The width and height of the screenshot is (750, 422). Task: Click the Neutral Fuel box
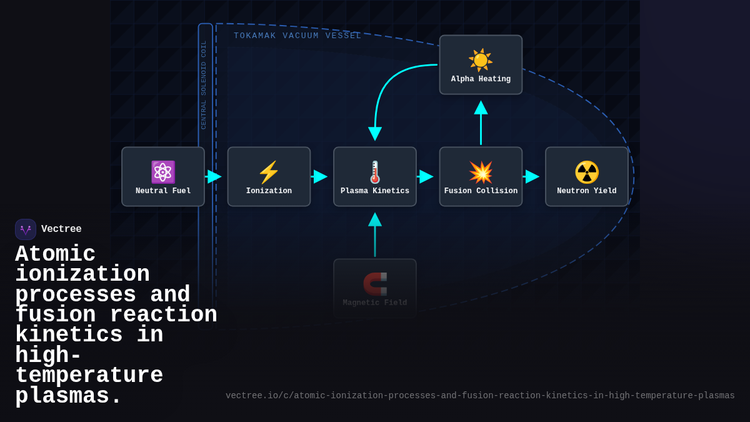163,177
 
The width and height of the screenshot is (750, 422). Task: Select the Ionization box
269,177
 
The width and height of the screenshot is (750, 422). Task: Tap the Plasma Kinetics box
375,177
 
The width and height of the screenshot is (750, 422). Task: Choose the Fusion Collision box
481,177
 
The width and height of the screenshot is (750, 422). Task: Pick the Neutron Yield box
587,177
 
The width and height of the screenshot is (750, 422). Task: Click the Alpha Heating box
481,65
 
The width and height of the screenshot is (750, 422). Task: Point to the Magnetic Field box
375,288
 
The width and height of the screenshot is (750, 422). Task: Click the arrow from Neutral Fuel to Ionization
214,176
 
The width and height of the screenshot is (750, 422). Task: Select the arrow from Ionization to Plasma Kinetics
320,176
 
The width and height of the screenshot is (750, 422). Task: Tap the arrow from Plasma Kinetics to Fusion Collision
426,176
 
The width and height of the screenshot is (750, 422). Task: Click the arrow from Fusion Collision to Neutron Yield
532,176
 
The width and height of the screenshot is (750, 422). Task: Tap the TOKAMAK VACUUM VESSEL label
297,36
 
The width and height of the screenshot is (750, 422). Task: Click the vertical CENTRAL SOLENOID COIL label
204,84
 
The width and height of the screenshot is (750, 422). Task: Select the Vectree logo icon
26,229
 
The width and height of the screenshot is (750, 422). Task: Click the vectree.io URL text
480,396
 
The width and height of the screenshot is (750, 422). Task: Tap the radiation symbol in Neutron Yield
587,172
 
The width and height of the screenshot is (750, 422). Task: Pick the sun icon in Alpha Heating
481,60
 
